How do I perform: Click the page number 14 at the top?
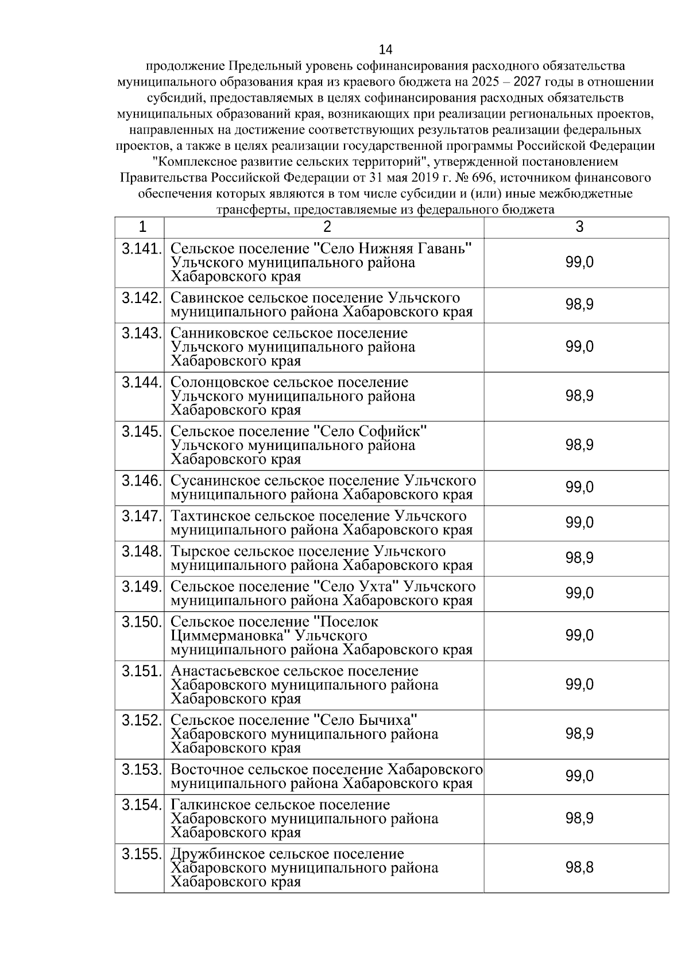385,49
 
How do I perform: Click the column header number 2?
327,227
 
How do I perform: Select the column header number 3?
579,227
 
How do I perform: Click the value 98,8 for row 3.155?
579,867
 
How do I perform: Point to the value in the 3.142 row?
579,305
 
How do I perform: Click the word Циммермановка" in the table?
230,636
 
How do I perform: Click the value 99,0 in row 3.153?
579,776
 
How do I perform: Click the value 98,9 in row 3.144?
579,396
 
